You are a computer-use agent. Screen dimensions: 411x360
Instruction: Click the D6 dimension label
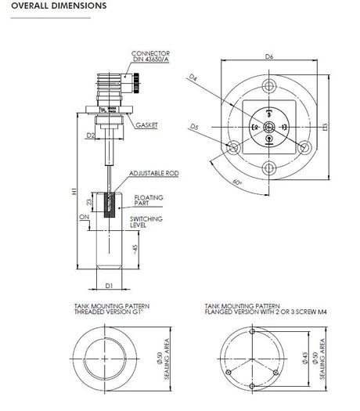click(x=268, y=56)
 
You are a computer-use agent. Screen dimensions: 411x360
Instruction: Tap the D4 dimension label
click(x=193, y=77)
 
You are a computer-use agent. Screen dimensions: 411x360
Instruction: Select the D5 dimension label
click(x=194, y=126)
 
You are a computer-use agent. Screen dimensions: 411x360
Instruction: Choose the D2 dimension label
click(x=91, y=135)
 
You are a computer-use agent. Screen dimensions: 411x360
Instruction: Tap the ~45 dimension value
click(x=135, y=250)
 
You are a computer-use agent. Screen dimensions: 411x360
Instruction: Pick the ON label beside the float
click(x=85, y=218)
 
